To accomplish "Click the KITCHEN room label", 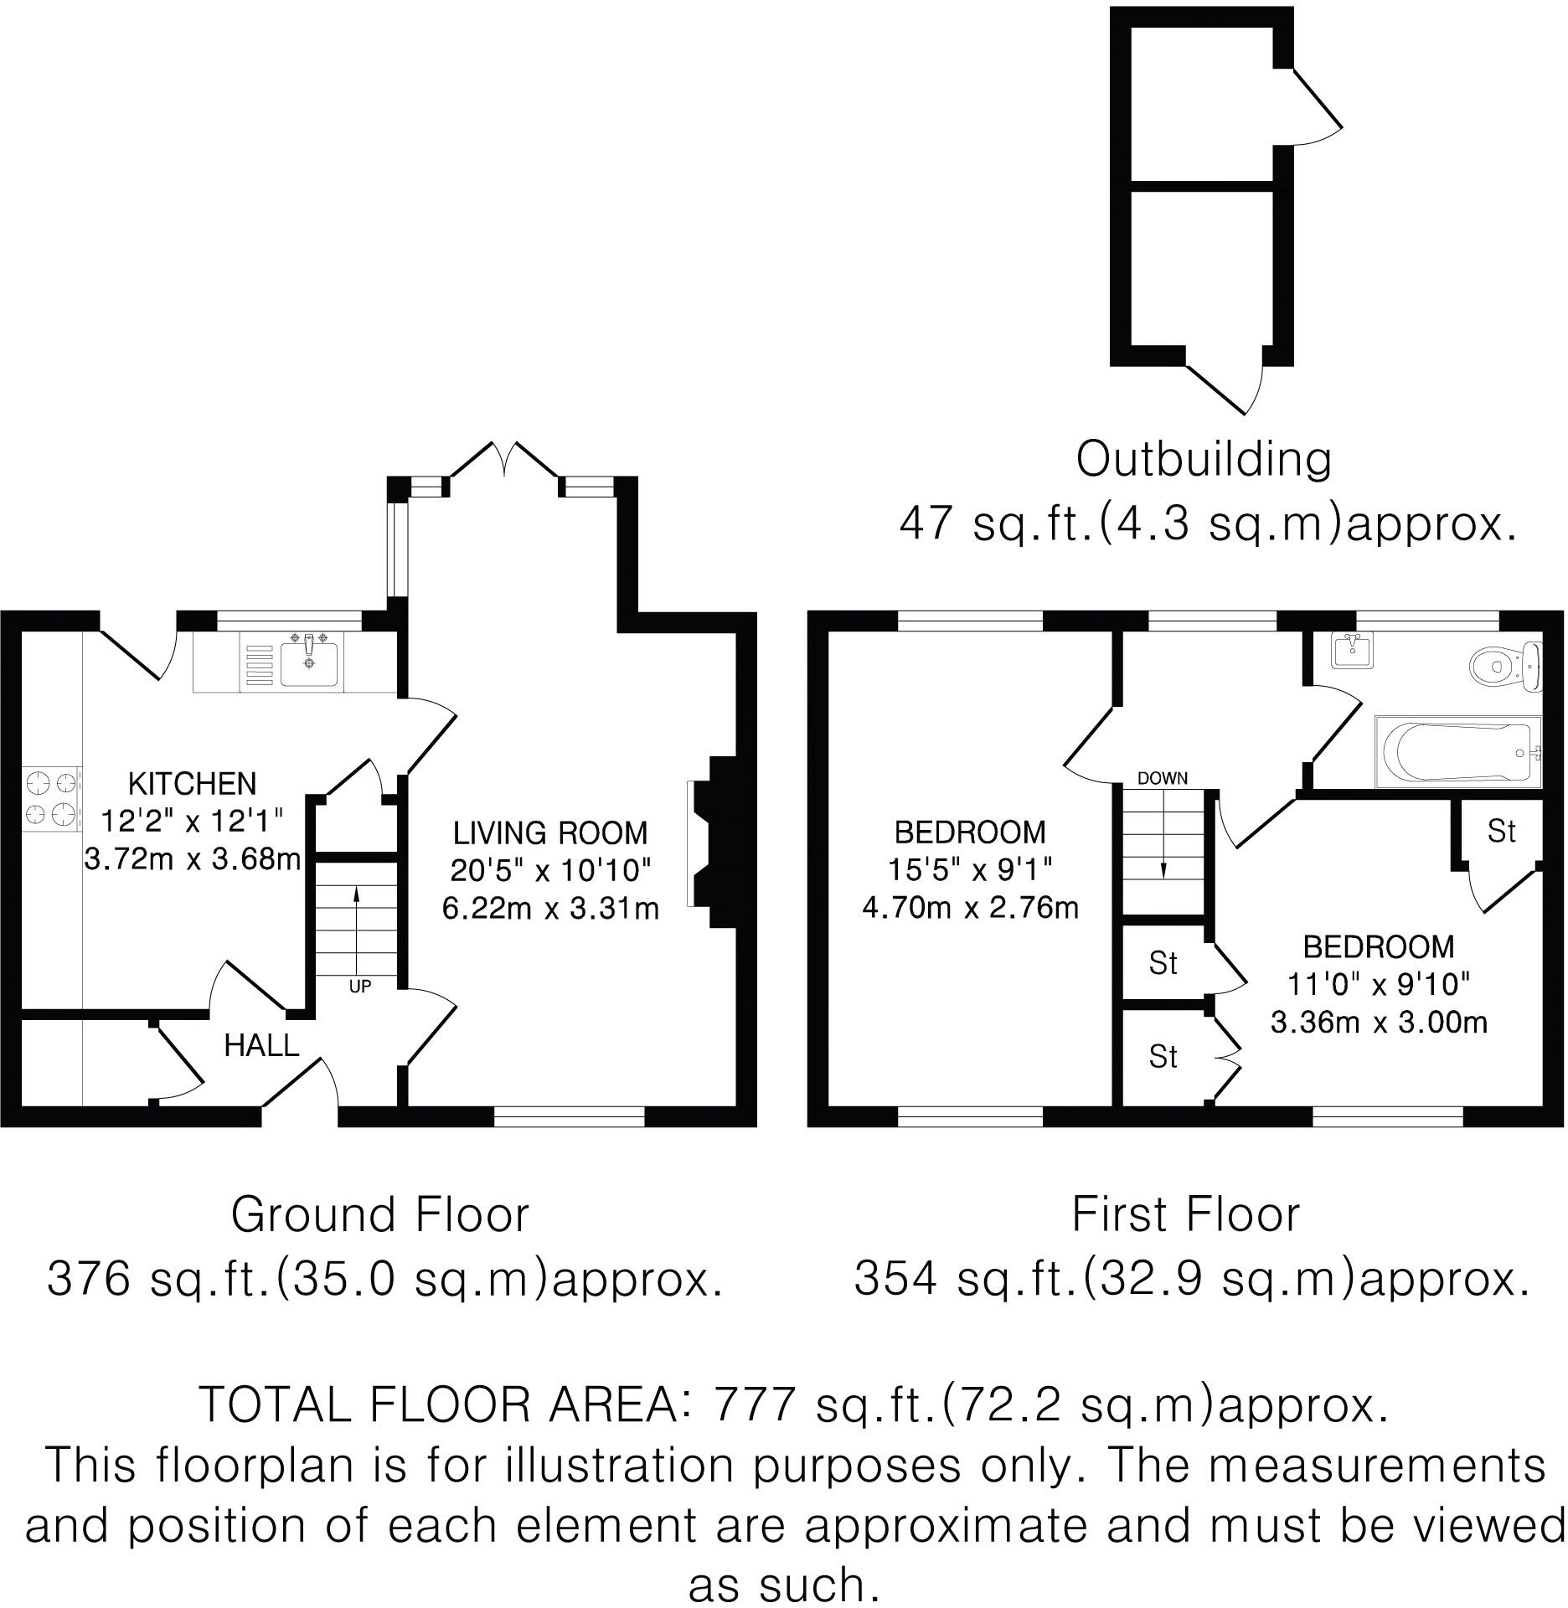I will pos(192,784).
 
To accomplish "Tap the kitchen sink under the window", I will pos(311,662).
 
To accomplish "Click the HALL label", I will pos(261,1045).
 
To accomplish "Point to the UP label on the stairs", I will pos(359,987).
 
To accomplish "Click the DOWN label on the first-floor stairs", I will pos(1162,778).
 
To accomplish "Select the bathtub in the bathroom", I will pos(1459,752).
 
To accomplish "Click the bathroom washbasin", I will pos(1351,650).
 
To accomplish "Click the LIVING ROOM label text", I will pos(550,833).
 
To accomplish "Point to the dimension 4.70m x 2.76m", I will pos(970,908).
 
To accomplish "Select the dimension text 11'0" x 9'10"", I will pos(1379,984).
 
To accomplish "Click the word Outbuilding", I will pos(1203,460).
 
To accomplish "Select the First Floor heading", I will pos(1185,1215).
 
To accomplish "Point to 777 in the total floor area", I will pos(752,1405).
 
